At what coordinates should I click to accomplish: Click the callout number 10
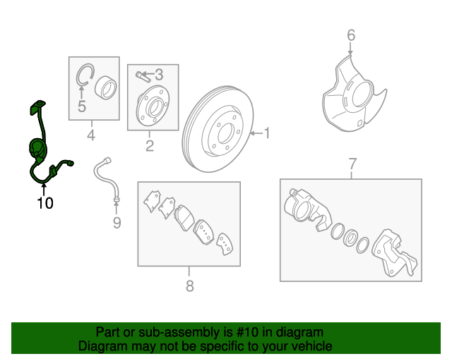(45, 203)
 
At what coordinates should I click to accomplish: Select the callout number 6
(351, 35)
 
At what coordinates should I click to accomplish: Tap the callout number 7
(352, 164)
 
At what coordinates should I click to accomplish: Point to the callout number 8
(189, 286)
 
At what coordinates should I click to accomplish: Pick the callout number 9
(117, 223)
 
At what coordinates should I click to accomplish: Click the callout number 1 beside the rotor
(267, 133)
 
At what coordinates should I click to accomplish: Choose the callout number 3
(159, 75)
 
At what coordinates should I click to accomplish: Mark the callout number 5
(82, 106)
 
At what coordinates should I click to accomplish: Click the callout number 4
(91, 135)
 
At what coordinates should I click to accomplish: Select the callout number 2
(150, 146)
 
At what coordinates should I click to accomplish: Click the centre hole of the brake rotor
(225, 133)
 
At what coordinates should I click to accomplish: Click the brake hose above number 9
(107, 179)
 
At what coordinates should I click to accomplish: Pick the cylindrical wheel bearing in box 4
(106, 88)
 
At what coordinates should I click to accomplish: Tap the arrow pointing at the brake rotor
(256, 133)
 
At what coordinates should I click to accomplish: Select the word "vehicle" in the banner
(314, 346)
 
